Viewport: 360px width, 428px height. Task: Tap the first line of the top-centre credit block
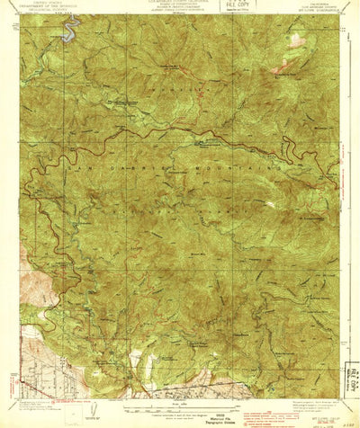[180, 3]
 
